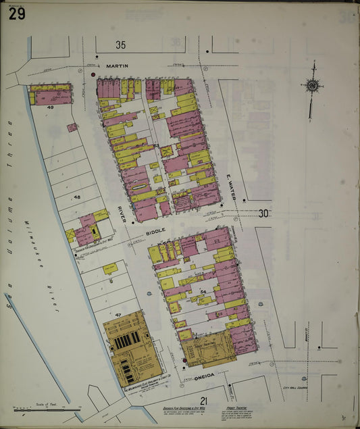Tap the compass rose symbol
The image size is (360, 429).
(x=312, y=85)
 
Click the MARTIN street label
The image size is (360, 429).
(x=117, y=66)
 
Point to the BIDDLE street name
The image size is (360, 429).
(x=156, y=230)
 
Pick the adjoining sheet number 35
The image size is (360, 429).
(x=120, y=45)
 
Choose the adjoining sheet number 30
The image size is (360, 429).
(x=264, y=213)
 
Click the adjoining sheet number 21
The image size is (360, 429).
(x=203, y=401)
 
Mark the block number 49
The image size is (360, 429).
(x=50, y=107)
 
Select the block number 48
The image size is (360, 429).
(x=77, y=197)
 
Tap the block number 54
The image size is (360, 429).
(x=203, y=292)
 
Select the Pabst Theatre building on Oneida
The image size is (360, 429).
(x=207, y=348)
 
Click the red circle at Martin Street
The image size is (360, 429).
(x=93, y=73)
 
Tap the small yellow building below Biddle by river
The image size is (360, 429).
(x=109, y=268)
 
